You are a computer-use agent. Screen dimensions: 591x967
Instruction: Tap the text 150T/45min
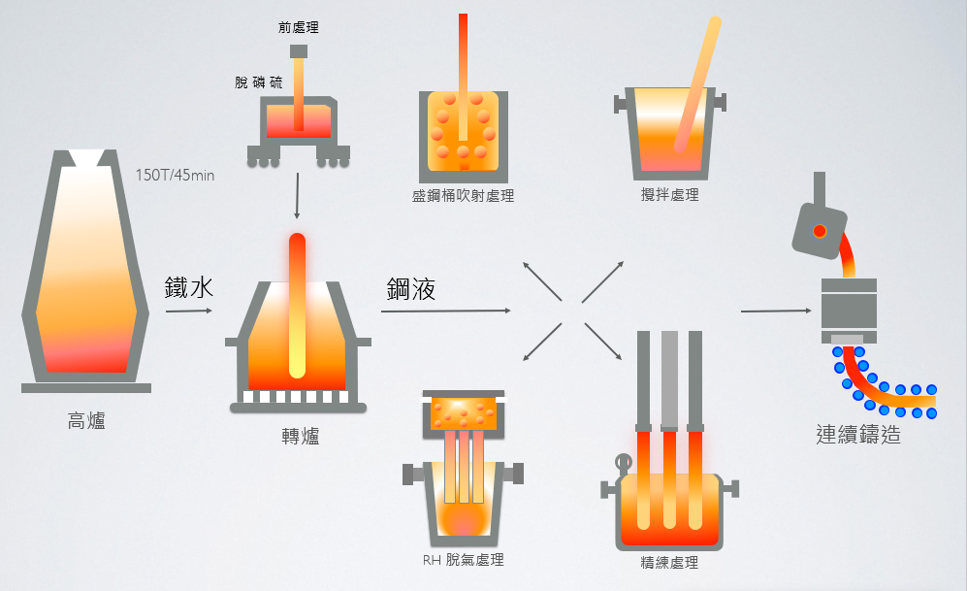click(176, 176)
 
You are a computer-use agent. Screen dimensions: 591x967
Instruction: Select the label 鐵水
click(188, 287)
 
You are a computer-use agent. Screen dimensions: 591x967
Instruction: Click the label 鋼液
click(410, 288)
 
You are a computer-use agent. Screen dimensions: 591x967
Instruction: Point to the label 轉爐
click(300, 437)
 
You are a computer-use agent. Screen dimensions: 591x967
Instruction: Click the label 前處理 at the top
click(298, 28)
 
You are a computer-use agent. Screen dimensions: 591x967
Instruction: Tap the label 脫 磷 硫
click(259, 83)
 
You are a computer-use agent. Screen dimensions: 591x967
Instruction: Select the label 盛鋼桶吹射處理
click(463, 196)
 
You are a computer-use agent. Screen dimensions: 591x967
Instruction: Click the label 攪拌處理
click(669, 195)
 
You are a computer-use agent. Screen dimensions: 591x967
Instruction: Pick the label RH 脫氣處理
click(463, 560)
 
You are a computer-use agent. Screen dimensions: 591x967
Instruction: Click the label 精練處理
click(669, 562)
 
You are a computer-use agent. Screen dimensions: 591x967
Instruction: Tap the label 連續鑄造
click(858, 434)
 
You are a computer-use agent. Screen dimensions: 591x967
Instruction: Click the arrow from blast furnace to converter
click(188, 312)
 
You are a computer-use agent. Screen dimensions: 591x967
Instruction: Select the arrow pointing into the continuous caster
click(776, 311)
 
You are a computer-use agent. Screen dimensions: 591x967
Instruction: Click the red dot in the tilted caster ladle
click(820, 231)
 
